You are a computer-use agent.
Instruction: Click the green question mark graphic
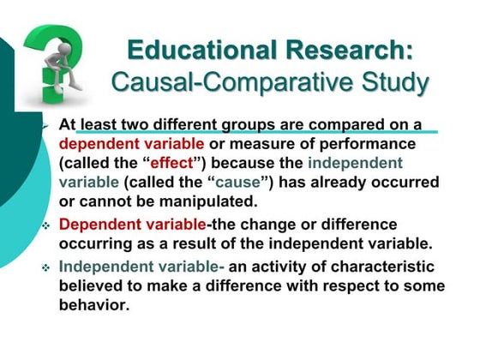click(53, 60)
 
